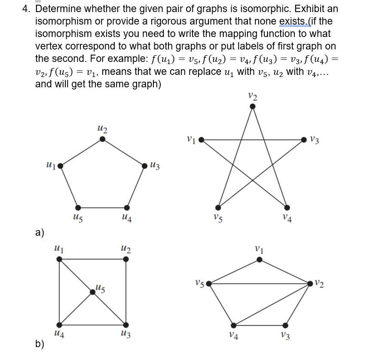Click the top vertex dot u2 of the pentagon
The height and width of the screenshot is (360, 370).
(102, 138)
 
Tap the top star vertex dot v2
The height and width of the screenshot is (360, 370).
(253, 107)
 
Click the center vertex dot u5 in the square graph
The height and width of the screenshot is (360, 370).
(92, 292)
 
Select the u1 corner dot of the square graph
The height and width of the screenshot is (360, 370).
(59, 259)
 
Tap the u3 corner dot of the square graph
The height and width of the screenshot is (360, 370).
(125, 325)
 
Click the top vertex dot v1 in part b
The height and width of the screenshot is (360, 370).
(259, 259)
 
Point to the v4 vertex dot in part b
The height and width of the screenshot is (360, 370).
(234, 325)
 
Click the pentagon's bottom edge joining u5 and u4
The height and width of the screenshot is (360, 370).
(102, 207)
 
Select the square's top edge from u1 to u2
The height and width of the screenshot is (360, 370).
(92, 259)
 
